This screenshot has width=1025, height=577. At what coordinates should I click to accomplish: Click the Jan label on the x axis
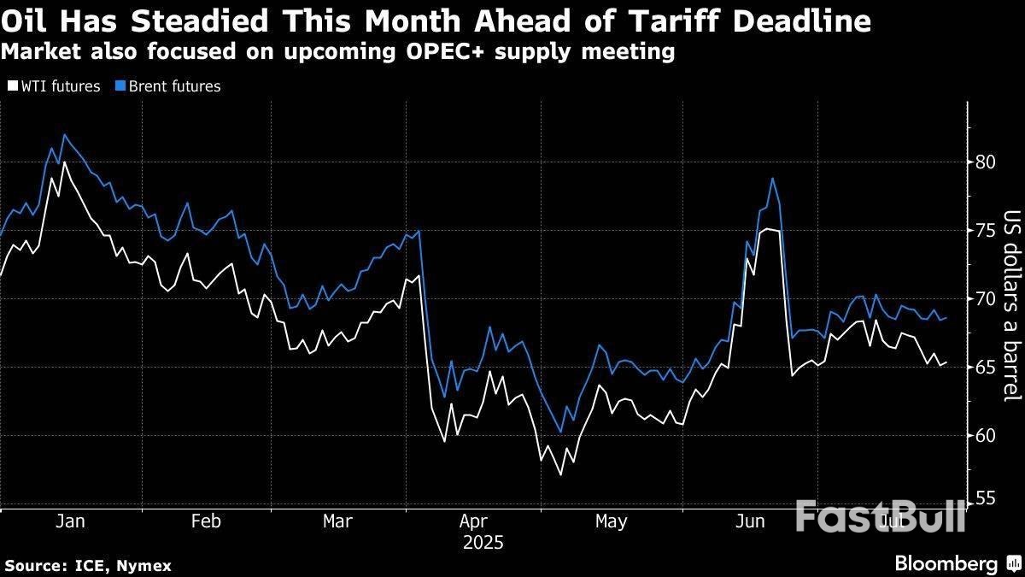click(69, 521)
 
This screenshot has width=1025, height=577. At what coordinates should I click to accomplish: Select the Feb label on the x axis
click(206, 521)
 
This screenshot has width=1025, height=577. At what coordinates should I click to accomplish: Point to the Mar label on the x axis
click(337, 521)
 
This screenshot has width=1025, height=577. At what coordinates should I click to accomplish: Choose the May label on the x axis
click(611, 521)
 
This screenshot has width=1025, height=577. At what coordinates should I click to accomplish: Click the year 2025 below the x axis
click(483, 543)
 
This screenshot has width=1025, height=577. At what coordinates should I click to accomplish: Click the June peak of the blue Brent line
click(772, 179)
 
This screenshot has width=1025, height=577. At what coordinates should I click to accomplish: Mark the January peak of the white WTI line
click(64, 162)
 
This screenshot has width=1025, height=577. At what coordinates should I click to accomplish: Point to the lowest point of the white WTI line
click(559, 474)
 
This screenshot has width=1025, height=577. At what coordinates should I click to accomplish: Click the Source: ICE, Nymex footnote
click(88, 566)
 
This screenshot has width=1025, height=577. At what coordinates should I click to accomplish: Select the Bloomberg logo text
click(946, 564)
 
